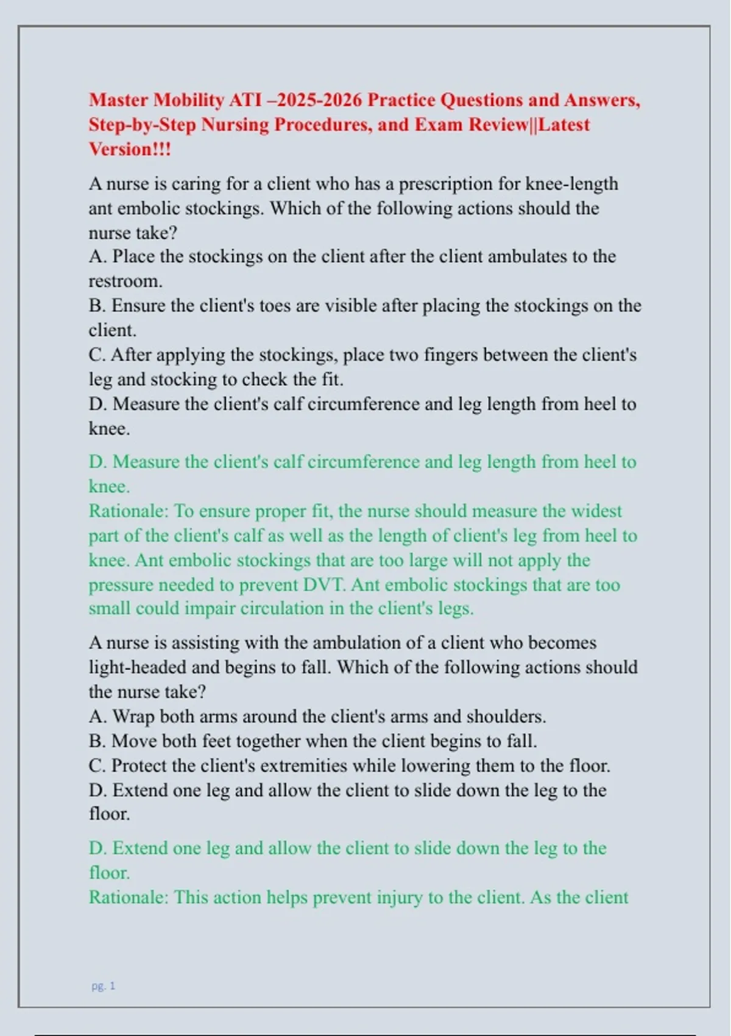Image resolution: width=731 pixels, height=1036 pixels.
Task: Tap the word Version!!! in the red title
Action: (x=130, y=149)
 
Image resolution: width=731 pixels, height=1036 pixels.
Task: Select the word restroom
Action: (x=125, y=281)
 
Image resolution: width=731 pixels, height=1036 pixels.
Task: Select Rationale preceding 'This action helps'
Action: (x=128, y=897)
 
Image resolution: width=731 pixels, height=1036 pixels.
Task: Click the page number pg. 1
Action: (x=103, y=985)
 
